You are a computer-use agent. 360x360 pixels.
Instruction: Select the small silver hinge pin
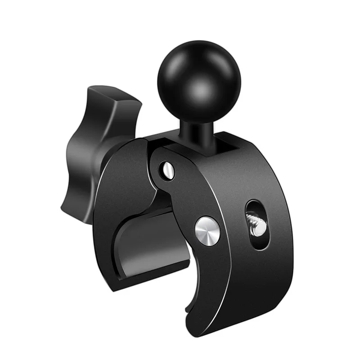tap(168, 170)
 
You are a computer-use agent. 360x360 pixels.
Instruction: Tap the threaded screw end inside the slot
tap(256, 224)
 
